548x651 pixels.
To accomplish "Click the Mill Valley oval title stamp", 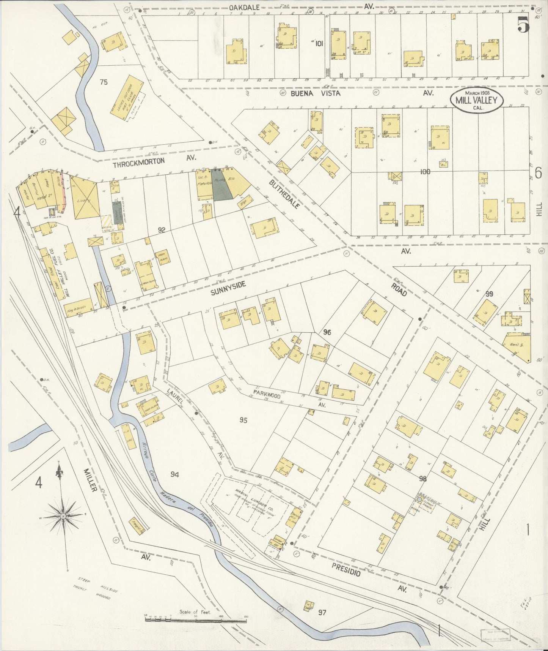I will pos(477,100).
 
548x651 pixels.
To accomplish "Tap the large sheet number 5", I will pos(523,26).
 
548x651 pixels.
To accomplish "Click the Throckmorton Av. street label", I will pos(139,161).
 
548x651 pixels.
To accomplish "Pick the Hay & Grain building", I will pos(78,309).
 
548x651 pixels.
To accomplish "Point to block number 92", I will pos(162,229).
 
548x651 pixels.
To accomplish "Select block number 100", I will pos(425,172).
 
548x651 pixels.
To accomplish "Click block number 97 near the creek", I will pos(322,612).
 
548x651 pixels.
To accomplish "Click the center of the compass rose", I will pos(63,517).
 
